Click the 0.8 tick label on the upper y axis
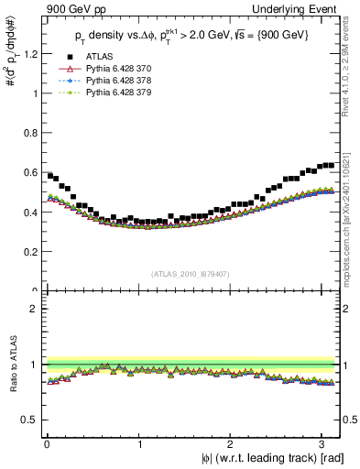29,133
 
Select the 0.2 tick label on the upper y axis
29,252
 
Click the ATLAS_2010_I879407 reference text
191,272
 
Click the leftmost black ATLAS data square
49,175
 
